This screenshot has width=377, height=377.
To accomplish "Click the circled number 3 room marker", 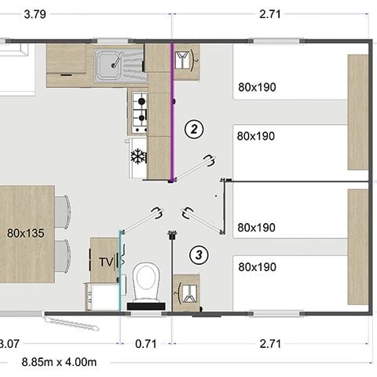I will (199, 254).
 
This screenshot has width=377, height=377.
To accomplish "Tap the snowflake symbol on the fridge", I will (138, 156).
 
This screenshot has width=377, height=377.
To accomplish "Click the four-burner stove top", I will (139, 111).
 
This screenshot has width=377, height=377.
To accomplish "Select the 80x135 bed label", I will (26, 233).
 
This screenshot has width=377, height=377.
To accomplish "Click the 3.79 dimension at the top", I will (12, 13).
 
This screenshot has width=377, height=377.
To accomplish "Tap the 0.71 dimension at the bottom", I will (145, 343).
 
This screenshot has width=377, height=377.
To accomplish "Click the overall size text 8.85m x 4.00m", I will (59, 362).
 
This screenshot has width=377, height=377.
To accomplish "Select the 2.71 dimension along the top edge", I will (270, 13).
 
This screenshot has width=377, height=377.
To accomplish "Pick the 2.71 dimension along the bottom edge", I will (270, 343).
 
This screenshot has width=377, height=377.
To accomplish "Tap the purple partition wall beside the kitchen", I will (172, 110).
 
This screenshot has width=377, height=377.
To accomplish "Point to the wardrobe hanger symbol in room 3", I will (186, 292).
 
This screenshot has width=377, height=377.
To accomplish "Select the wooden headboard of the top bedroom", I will (358, 112).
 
